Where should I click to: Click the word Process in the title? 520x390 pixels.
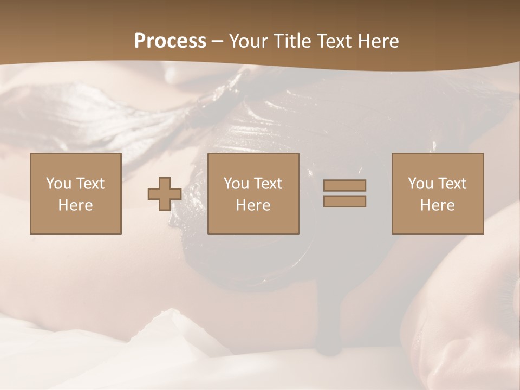pos(170,41)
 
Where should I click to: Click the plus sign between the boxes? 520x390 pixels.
pos(165,193)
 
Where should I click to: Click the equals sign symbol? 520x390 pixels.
pos(344,193)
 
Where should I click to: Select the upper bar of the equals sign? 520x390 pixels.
pos(344,186)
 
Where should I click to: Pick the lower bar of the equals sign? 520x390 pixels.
pos(344,201)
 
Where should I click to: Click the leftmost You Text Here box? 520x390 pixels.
pos(76,193)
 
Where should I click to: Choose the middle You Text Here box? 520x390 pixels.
pos(253,193)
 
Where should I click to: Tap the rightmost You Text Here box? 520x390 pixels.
pos(438,193)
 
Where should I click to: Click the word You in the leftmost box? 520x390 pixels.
pos(58,184)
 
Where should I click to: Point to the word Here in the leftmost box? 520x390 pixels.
pos(76,205)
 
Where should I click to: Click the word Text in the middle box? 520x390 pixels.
pos(268,184)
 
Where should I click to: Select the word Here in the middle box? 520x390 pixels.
pos(253,205)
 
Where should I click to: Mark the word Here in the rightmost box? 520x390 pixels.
pos(438,205)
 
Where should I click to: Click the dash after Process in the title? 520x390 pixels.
pos(218,42)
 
